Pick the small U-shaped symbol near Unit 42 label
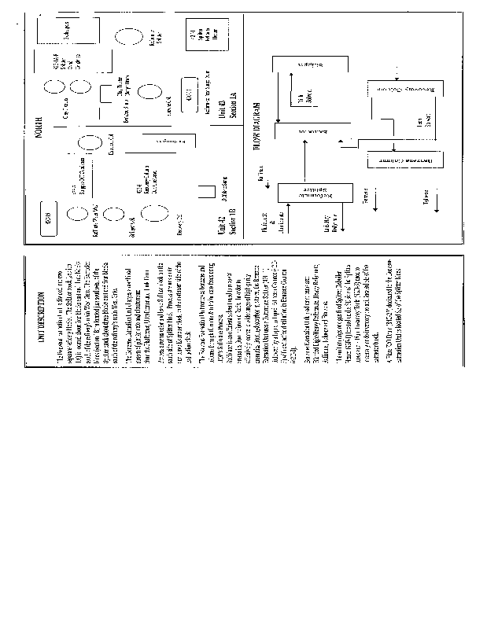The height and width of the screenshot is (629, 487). pyautogui.click(x=207, y=190)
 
